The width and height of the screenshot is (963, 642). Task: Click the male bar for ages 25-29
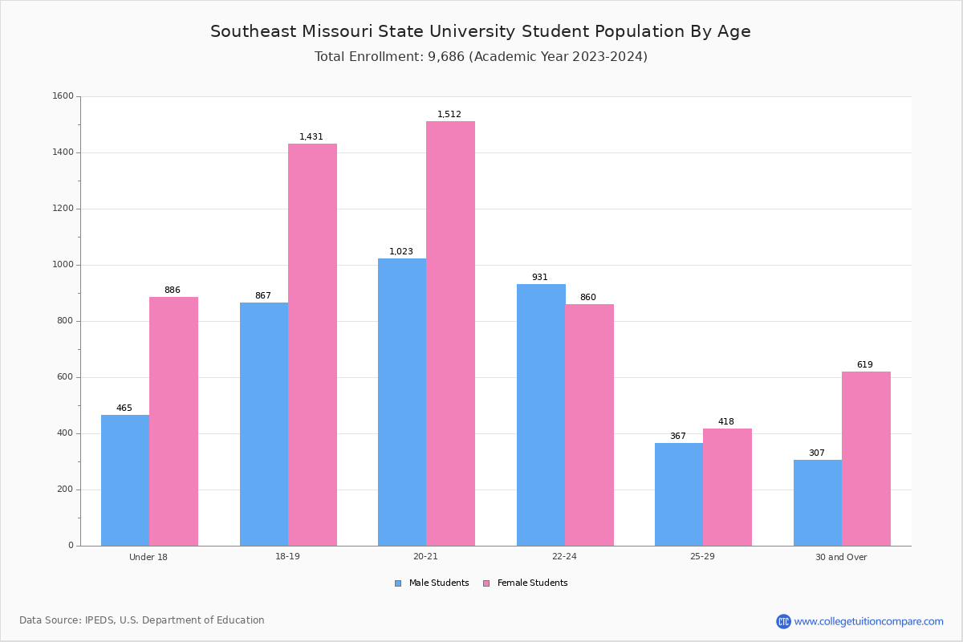pos(679,494)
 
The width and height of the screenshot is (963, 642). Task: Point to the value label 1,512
pos(449,115)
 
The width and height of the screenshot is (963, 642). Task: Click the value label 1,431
pos(311,137)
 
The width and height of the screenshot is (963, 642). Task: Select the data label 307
pos(816,453)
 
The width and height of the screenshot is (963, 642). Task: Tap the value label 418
pos(725,422)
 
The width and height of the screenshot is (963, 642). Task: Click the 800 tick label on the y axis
pos(66,321)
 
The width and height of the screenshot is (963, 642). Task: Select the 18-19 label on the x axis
pos(287,557)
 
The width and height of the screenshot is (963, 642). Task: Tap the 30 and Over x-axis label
pos(841,557)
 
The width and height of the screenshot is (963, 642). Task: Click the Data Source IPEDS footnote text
pos(142,620)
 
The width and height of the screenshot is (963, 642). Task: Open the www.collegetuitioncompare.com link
pos(868,621)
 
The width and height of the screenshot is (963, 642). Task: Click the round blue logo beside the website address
pos(783,621)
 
